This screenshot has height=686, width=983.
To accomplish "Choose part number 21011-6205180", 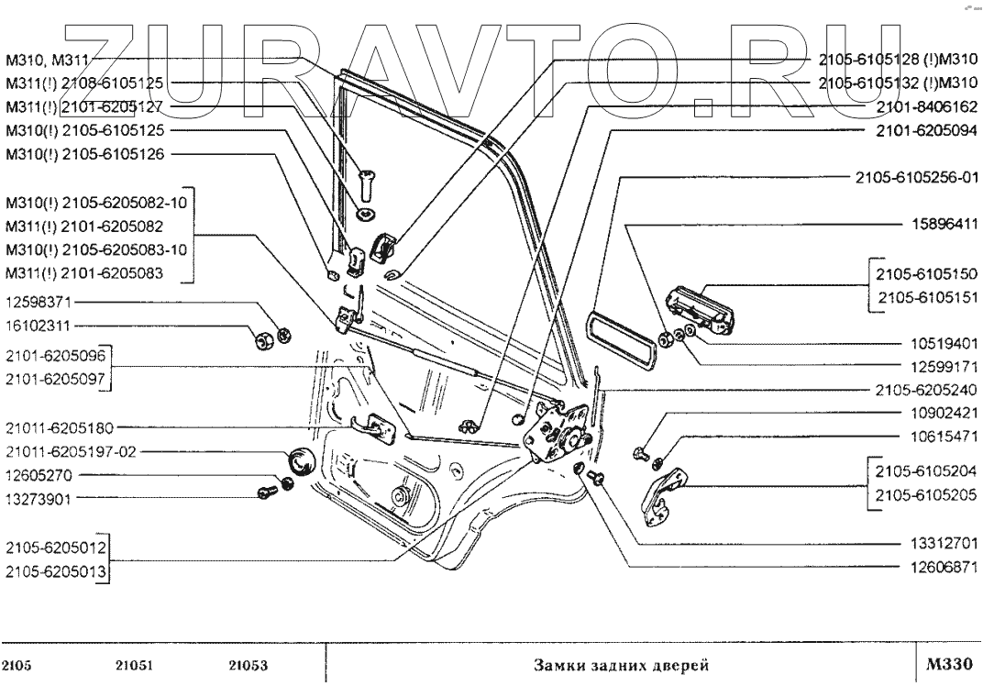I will tap(61, 426).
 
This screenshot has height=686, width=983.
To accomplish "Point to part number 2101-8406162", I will tap(927, 105).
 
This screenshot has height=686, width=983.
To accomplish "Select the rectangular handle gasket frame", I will tap(624, 343).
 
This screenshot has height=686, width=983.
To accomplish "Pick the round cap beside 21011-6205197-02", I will tap(300, 462).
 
